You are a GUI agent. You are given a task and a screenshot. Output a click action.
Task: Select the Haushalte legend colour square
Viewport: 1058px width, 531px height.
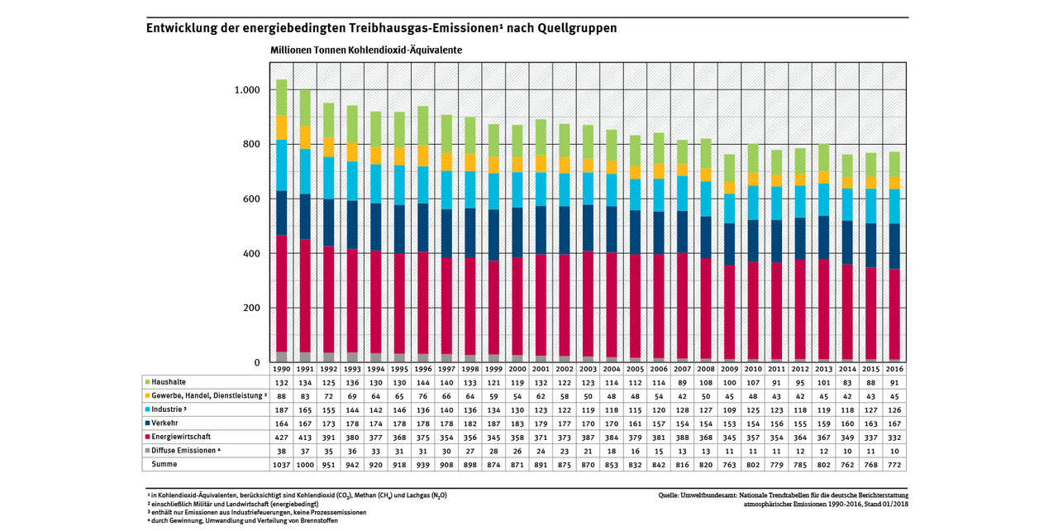pos(147,382)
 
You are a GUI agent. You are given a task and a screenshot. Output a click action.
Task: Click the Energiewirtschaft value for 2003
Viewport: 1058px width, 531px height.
pos(587,435)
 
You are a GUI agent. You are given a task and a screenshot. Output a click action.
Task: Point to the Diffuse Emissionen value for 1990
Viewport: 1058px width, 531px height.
pos(281,451)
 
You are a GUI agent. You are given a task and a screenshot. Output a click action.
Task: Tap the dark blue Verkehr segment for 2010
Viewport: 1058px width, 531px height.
pos(752,243)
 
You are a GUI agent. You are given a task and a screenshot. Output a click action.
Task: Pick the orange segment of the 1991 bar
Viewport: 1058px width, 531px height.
pos(305,137)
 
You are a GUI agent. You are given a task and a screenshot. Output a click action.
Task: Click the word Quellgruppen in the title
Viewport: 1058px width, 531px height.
pos(576,27)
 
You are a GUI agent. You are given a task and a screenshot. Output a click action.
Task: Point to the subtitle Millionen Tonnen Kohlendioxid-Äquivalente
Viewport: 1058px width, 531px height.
pos(366,50)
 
